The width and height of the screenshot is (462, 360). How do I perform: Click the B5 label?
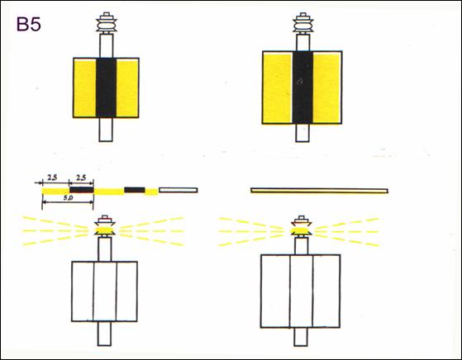click(x=29, y=24)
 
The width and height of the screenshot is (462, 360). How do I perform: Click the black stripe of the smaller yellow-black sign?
click(x=106, y=88)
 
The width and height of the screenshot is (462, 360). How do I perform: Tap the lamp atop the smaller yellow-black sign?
click(x=107, y=22)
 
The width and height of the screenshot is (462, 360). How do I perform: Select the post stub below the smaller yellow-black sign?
click(x=106, y=130)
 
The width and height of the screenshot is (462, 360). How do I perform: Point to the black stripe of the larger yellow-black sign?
click(x=302, y=88)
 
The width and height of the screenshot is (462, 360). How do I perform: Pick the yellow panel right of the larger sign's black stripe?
click(x=327, y=88)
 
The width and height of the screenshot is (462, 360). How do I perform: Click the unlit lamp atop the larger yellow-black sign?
click(x=302, y=22)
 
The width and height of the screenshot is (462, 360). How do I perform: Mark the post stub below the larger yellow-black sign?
click(x=302, y=133)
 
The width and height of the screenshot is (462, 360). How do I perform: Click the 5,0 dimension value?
click(x=68, y=198)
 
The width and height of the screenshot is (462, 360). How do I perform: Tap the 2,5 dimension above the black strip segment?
click(x=81, y=178)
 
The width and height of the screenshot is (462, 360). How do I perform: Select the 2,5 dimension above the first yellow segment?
click(x=52, y=178)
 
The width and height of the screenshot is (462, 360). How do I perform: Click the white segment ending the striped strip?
click(x=179, y=190)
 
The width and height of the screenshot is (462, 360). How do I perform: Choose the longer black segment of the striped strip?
click(x=82, y=190)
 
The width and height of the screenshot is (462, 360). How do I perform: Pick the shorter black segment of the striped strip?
click(x=135, y=190)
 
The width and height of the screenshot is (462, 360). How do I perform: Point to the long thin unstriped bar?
click(x=319, y=191)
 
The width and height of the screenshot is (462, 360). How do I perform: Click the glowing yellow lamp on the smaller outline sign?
click(x=105, y=230)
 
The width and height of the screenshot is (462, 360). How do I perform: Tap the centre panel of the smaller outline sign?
click(x=105, y=291)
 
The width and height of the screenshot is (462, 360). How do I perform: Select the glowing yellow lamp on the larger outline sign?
click(x=301, y=230)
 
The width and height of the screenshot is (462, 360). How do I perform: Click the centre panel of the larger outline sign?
click(x=302, y=291)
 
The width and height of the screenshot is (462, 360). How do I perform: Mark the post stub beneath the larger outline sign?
click(x=301, y=337)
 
